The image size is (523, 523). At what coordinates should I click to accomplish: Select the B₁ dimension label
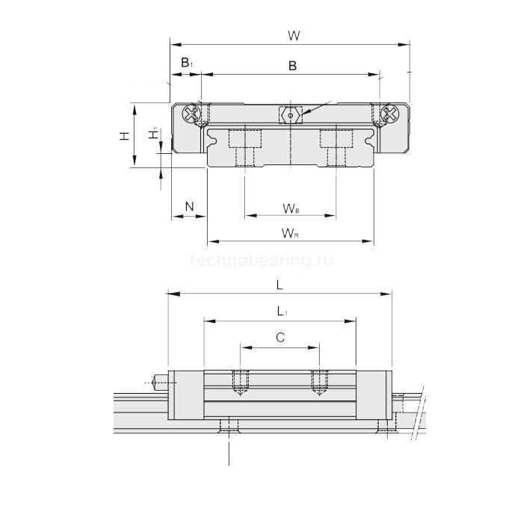(187, 64)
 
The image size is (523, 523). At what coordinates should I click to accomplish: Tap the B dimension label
(292, 66)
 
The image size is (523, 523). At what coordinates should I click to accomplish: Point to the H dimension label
(124, 136)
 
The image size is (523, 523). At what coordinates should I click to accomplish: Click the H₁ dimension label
(153, 134)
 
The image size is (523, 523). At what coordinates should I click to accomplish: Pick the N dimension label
(189, 205)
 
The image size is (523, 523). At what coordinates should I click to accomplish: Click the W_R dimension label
(291, 233)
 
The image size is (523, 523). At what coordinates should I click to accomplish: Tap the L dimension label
(279, 285)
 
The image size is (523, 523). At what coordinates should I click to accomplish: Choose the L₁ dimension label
(279, 312)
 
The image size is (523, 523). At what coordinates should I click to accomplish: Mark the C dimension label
(280, 338)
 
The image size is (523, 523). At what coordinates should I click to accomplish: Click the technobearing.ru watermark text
(261, 261)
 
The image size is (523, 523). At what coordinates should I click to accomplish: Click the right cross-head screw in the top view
(389, 114)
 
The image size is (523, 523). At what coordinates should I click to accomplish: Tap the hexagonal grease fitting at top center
(289, 115)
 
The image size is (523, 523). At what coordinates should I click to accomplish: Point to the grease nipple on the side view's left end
(160, 383)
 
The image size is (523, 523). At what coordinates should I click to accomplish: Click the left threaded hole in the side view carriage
(241, 383)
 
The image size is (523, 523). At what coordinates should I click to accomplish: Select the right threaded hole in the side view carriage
(319, 383)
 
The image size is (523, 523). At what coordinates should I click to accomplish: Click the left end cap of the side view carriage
(186, 394)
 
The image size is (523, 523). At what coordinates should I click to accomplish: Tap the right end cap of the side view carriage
(374, 394)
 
